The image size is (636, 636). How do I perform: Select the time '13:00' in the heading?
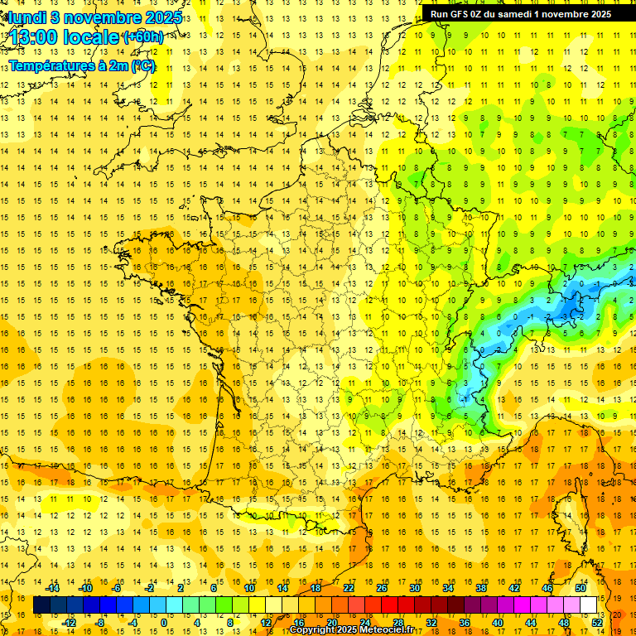(x=34, y=37)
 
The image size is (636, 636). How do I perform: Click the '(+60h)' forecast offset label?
(x=142, y=37)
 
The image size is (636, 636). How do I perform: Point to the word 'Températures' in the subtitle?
(x=51, y=65)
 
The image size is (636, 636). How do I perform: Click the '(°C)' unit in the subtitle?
(x=142, y=65)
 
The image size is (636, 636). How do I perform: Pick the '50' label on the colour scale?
(x=580, y=588)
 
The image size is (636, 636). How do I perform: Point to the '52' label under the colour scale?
(x=596, y=623)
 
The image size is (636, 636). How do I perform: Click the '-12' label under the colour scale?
(x=69, y=623)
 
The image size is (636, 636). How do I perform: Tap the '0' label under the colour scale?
(x=163, y=623)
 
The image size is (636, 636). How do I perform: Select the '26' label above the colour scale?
(x=382, y=588)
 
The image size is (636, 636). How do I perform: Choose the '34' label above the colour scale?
(x=448, y=588)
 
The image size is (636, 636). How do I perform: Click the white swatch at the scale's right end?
(x=588, y=605)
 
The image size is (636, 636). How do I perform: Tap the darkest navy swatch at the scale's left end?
(x=41, y=605)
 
